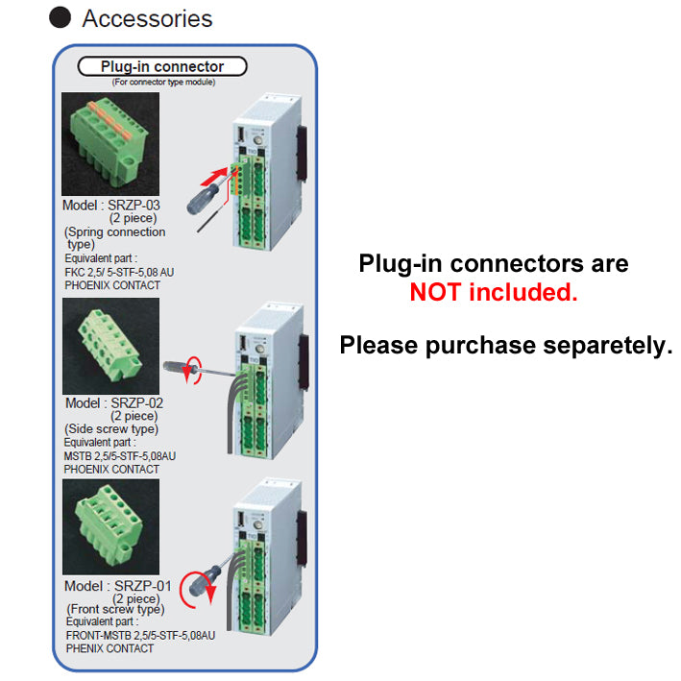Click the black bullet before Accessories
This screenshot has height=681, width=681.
pyautogui.click(x=61, y=18)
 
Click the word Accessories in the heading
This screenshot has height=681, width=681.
pyautogui.click(x=147, y=18)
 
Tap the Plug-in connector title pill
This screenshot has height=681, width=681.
pyautogui.click(x=161, y=66)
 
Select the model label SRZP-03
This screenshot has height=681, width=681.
pyautogui.click(x=112, y=206)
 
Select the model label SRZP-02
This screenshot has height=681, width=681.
pyautogui.click(x=114, y=403)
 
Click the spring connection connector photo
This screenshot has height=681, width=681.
pyautogui.click(x=109, y=144)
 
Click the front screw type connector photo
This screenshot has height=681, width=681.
pyautogui.click(x=110, y=527)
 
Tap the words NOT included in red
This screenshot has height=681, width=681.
pyautogui.click(x=494, y=293)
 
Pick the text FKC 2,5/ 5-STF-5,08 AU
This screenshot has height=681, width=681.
pyautogui.click(x=119, y=272)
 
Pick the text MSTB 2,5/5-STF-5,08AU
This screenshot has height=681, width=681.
pyautogui.click(x=120, y=456)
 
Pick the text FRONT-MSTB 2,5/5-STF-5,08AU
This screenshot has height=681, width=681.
pyautogui.click(x=140, y=635)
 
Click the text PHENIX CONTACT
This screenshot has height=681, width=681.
pyautogui.click(x=109, y=648)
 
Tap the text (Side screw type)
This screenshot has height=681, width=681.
pyautogui.click(x=110, y=429)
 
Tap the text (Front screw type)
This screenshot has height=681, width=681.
pyautogui.click(x=115, y=610)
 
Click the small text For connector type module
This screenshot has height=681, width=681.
pyautogui.click(x=162, y=83)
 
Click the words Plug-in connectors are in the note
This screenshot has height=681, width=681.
pyautogui.click(x=494, y=263)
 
